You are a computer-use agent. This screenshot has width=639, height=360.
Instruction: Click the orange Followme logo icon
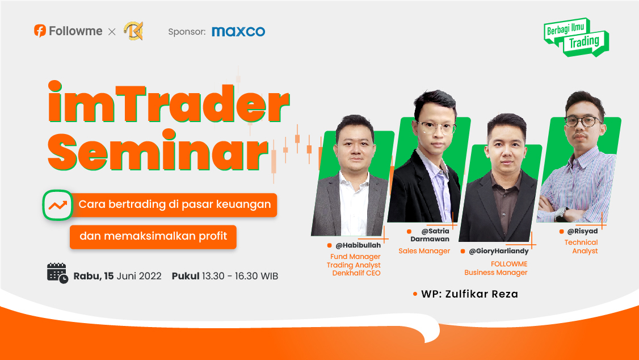click(x=40, y=31)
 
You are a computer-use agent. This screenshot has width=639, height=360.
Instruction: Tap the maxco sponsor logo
click(x=238, y=31)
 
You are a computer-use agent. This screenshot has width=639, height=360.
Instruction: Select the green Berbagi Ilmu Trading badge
click(x=576, y=37)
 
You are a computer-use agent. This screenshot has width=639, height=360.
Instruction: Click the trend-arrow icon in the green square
click(x=58, y=205)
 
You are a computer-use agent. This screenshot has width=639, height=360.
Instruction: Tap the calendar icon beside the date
click(x=57, y=273)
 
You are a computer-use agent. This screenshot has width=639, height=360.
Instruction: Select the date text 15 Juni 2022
click(x=133, y=276)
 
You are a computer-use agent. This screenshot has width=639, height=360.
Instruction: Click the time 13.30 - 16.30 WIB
click(x=240, y=276)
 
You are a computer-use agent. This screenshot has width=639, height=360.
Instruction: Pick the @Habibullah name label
click(x=358, y=245)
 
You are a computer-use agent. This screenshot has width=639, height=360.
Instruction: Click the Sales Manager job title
click(x=424, y=251)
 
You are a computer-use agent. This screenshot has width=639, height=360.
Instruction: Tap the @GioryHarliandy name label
click(x=498, y=251)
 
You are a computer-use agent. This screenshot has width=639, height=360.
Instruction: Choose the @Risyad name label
click(x=582, y=231)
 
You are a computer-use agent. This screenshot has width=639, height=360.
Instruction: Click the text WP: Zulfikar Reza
click(x=469, y=294)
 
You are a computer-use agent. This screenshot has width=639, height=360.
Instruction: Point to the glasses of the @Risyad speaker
click(x=583, y=121)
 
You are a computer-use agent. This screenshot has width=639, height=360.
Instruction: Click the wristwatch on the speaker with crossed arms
click(x=561, y=214)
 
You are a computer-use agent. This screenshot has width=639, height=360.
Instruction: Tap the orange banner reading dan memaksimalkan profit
click(x=153, y=237)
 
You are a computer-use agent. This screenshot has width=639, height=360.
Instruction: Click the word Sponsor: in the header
click(x=187, y=31)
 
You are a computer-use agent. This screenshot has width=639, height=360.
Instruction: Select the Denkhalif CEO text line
click(x=356, y=273)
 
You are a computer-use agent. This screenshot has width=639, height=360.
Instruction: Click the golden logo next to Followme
click(x=134, y=31)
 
